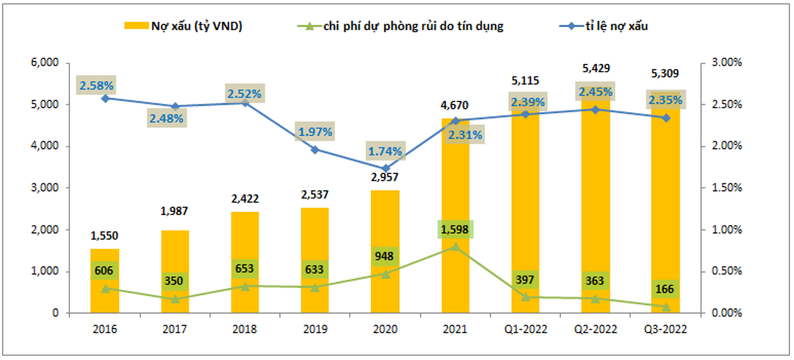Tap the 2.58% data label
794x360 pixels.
tap(96, 85)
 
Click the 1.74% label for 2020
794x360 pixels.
tap(386, 150)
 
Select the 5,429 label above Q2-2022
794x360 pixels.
tap(595, 68)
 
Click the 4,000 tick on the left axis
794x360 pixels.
tap(47, 146)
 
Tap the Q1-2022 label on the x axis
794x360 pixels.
tap(525, 329)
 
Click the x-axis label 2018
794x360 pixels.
tap(244, 329)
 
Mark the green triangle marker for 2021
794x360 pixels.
tap(455, 246)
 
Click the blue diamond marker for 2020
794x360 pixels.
tap(386, 168)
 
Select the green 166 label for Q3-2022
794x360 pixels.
tap(665, 288)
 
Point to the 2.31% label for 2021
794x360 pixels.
tap(463, 135)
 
